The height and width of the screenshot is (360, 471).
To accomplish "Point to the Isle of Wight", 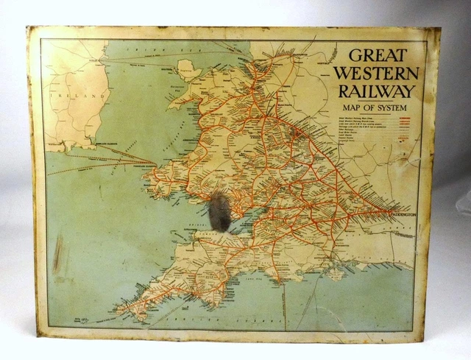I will coord(336,273).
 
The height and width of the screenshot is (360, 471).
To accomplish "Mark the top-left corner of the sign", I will coord(28,28).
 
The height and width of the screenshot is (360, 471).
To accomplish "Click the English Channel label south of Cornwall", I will coord(213,322).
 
